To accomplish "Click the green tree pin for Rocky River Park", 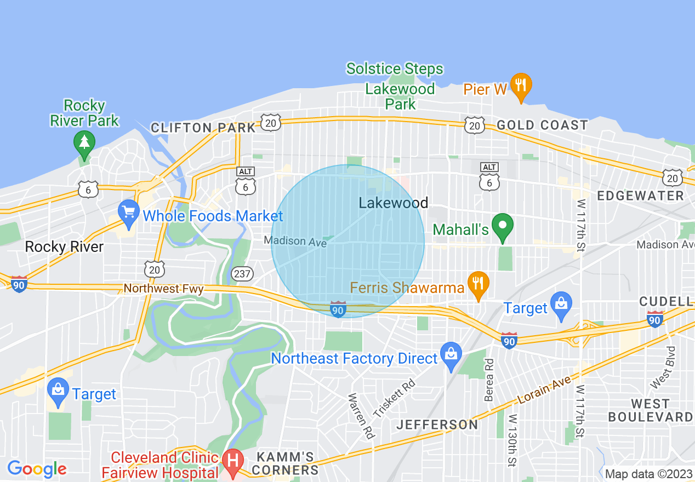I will (84, 142).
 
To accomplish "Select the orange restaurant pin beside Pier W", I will (521, 85).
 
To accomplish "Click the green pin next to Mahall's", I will (502, 226).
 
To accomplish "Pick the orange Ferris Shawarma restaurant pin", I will (478, 284).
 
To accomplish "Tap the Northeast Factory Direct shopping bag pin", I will (451, 355).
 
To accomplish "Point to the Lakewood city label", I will (393, 203).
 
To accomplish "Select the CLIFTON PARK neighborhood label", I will (203, 128).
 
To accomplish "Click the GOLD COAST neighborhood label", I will (542, 125).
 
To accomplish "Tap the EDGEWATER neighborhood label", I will (640, 196).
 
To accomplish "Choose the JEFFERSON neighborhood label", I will (437, 424).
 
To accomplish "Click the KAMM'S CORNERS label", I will (286, 463).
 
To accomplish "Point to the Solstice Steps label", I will (395, 69).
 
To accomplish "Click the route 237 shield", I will (242, 273).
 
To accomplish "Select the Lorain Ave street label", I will (544, 389).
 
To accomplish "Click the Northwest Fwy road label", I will (163, 288).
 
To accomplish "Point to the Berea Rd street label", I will (489, 380).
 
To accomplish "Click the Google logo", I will (37, 469).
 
